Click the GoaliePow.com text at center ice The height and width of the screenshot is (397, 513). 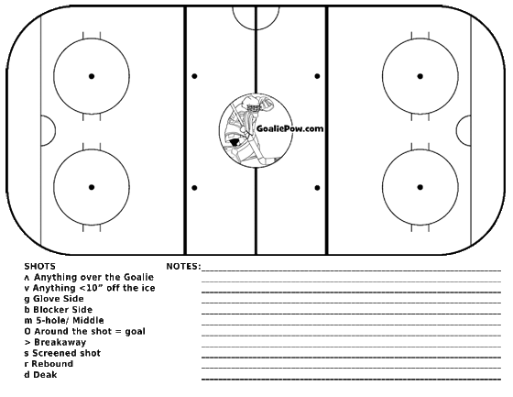289,128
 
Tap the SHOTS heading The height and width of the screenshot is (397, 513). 39,266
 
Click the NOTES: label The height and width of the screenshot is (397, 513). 183,266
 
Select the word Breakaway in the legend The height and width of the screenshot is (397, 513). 60,342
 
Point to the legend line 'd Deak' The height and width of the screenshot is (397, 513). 40,374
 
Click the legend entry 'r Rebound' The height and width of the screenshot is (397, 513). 49,364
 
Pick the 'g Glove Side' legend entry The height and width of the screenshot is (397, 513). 54,299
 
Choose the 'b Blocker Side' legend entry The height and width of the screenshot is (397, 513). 59,310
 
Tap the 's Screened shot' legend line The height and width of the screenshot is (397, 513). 62,353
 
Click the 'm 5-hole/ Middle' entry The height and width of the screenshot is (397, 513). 64,320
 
